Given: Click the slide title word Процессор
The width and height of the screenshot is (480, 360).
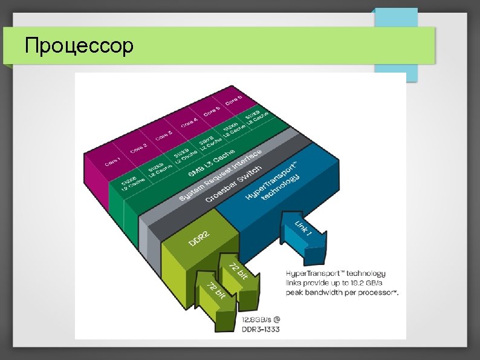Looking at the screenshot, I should pyautogui.click(x=78, y=45).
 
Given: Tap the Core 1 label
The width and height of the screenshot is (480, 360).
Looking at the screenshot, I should pyautogui.click(x=112, y=160).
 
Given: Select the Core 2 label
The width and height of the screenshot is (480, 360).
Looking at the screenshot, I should pyautogui.click(x=138, y=147).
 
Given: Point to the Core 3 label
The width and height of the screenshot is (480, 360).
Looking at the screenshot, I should pyautogui.click(x=164, y=134).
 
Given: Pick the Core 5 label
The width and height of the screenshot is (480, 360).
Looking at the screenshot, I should pyautogui.click(x=212, y=111).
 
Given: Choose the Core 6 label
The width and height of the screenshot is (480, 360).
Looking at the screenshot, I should pyautogui.click(x=235, y=100).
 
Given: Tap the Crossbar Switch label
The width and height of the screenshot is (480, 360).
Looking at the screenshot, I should pyautogui.click(x=234, y=183).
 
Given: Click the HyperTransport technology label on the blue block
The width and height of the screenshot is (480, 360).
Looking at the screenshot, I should pyautogui.click(x=274, y=185).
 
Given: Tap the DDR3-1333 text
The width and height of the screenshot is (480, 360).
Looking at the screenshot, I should pyautogui.click(x=261, y=330).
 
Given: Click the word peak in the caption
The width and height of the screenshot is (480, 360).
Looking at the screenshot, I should pyautogui.click(x=296, y=292).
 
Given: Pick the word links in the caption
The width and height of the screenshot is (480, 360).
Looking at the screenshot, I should pyautogui.click(x=295, y=283).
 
